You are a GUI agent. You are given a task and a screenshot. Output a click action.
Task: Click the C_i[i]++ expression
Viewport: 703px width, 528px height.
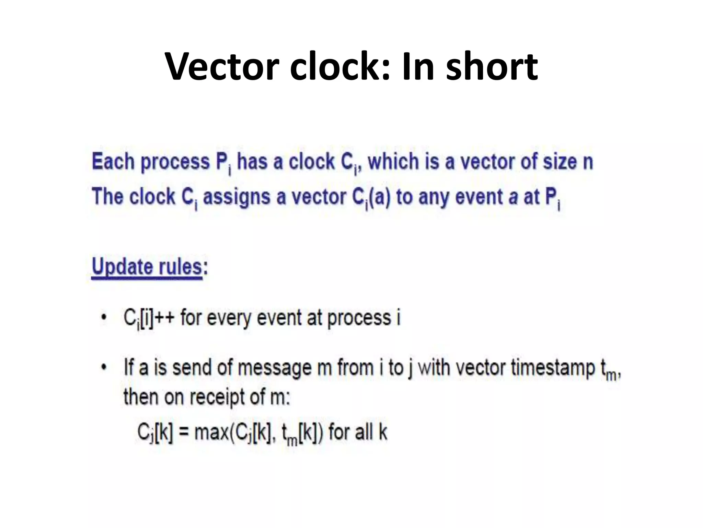click(x=148, y=318)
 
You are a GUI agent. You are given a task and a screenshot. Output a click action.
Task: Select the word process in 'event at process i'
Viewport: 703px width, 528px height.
click(x=359, y=318)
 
